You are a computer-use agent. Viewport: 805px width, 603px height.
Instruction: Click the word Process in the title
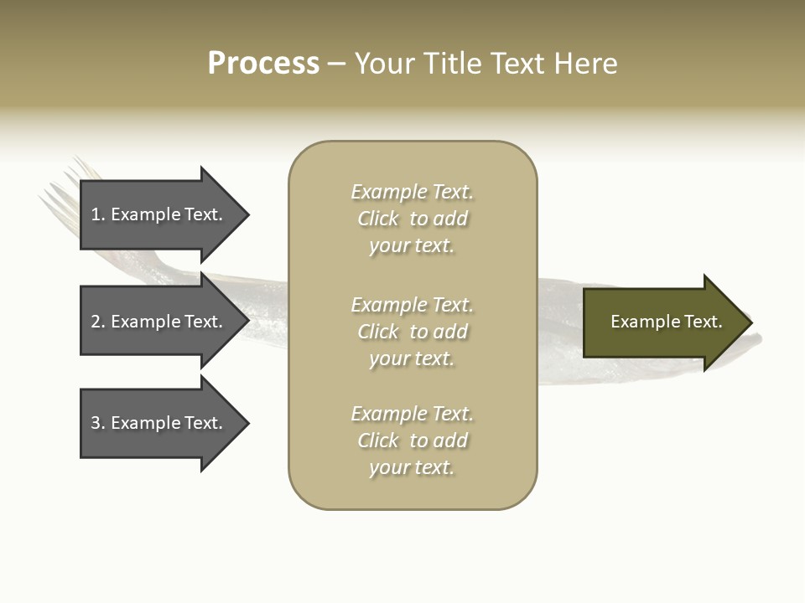tap(263, 64)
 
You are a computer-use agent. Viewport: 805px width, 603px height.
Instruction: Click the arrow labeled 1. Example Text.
tap(165, 215)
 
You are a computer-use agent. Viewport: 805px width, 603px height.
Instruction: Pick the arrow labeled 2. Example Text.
tap(165, 321)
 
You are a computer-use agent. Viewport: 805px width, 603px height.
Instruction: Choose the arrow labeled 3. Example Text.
tap(165, 424)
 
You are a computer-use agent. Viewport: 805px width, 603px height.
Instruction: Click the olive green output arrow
tap(668, 322)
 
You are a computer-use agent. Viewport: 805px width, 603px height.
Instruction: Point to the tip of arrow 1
tap(250, 215)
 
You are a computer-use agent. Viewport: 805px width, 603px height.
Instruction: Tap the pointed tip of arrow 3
tap(250, 424)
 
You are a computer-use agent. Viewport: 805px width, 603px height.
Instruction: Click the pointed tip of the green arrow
tap(753, 322)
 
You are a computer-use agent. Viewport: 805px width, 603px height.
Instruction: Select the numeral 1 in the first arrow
tap(95, 214)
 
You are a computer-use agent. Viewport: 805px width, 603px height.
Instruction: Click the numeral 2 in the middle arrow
tap(96, 322)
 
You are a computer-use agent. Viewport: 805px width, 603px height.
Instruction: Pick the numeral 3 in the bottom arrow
tap(96, 423)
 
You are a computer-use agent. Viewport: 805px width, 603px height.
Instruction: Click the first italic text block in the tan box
tap(413, 219)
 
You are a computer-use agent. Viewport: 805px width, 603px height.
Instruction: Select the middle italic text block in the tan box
tap(413, 332)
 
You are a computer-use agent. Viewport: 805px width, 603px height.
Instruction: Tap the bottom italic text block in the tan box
tap(413, 441)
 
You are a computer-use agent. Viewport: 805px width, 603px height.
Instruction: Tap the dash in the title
tap(336, 64)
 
